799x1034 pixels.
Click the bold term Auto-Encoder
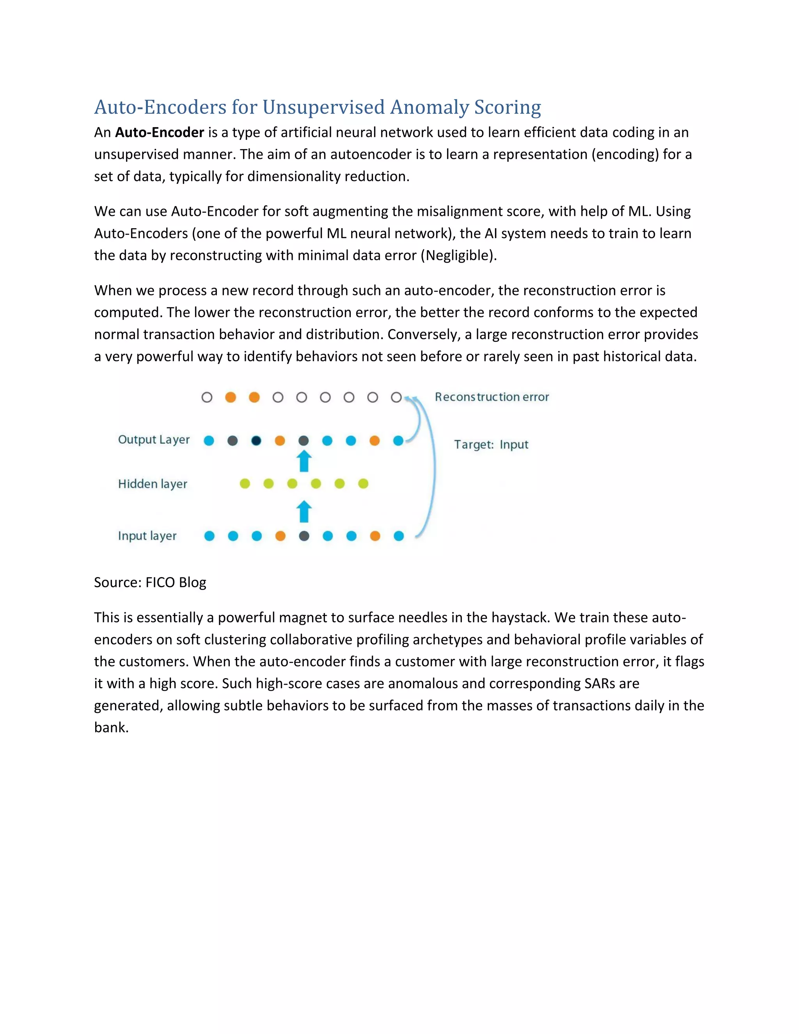[160, 132]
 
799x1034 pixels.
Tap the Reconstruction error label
[492, 397]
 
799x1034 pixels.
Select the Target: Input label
[491, 444]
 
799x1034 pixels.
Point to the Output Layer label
[154, 440]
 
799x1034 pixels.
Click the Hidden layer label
[153, 484]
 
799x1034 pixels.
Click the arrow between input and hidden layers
[304, 511]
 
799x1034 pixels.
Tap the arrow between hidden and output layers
[304, 461]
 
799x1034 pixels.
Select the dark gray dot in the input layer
[304, 536]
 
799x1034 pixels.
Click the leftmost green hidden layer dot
[245, 483]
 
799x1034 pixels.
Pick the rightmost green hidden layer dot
[363, 483]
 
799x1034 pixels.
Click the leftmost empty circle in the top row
[207, 397]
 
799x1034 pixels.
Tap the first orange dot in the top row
[231, 397]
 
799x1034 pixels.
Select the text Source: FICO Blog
[150, 582]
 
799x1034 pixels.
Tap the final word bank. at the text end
[111, 728]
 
